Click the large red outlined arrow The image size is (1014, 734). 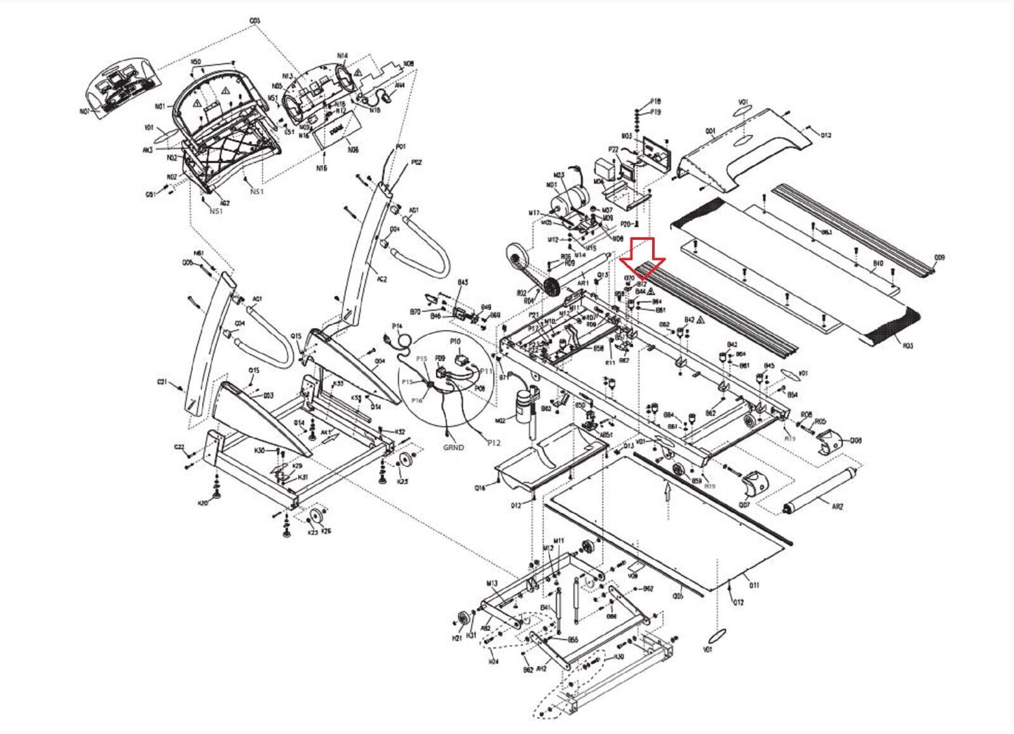click(x=641, y=256)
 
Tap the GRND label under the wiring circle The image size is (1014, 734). click(x=453, y=447)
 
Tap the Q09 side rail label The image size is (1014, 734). click(x=939, y=258)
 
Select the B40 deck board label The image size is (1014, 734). click(x=878, y=263)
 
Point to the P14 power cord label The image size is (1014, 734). click(x=397, y=325)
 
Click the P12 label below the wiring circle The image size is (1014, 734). click(x=493, y=443)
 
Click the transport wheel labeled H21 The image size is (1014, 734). click(x=463, y=620)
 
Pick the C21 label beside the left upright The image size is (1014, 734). click(x=162, y=383)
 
